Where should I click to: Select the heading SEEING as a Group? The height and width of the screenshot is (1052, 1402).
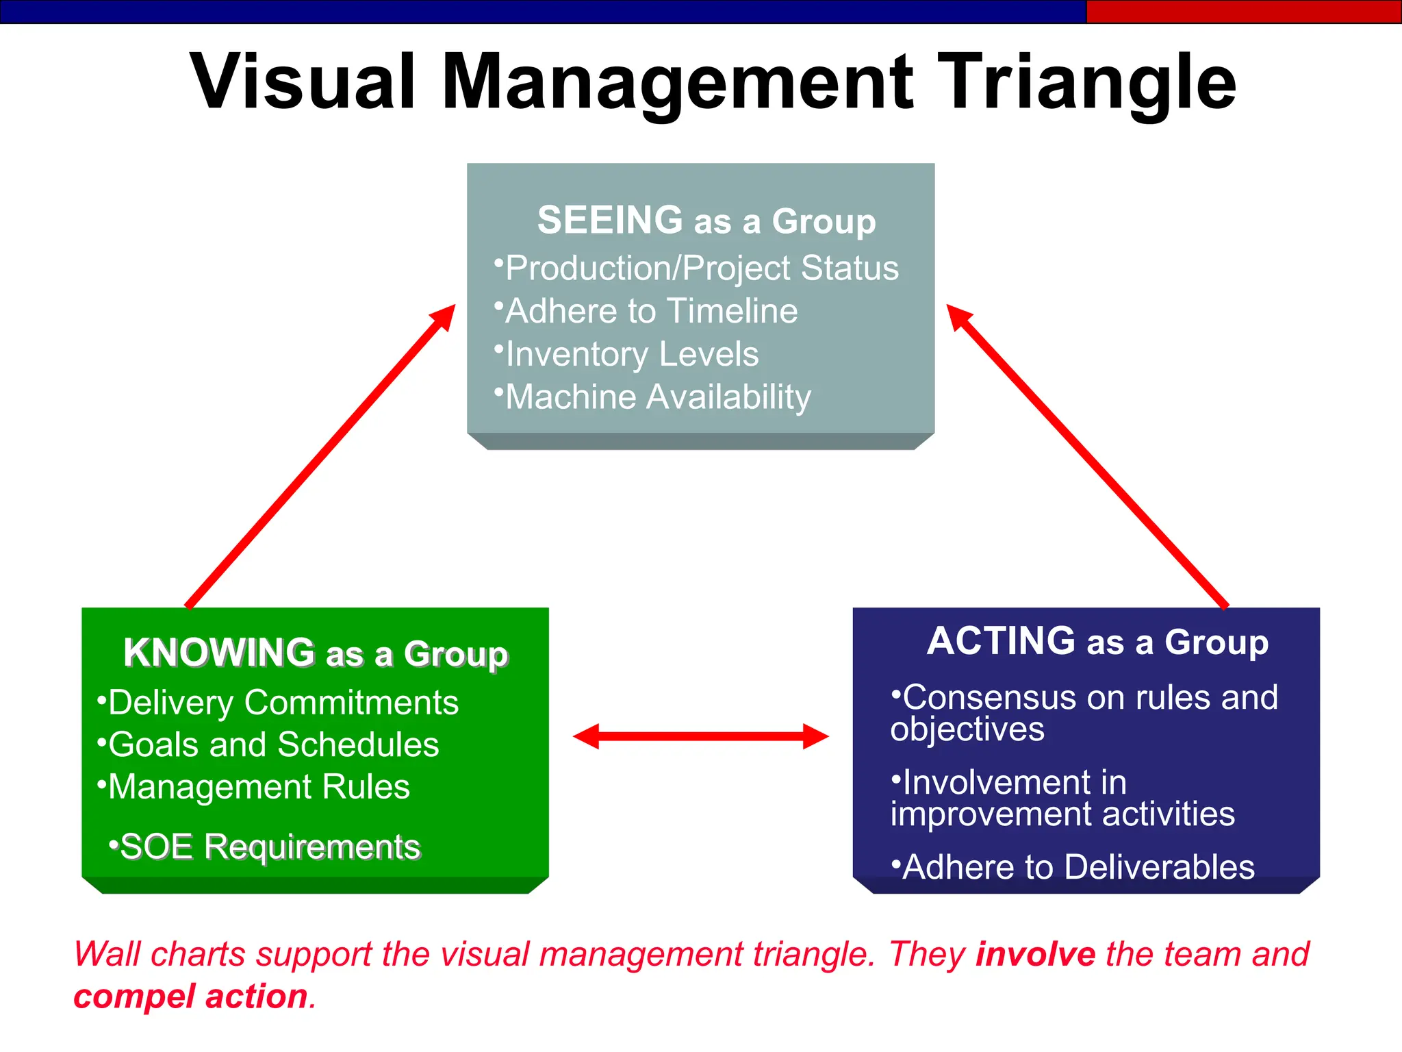pos(706,221)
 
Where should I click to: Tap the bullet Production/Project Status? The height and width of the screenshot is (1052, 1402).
pos(701,268)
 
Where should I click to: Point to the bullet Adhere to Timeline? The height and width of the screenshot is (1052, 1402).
pos(650,311)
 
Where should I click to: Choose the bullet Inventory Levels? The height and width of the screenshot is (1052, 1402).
pos(631,354)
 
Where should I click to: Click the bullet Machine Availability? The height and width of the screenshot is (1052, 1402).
pos(657,397)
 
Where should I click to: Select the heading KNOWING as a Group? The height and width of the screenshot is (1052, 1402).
pos(316,653)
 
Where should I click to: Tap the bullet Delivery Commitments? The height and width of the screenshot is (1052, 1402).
pos(283,703)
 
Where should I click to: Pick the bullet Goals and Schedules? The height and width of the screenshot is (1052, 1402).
pos(273,744)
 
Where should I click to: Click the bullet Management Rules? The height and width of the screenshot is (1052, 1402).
pos(259,787)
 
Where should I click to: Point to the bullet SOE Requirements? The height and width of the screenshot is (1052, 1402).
pos(270,847)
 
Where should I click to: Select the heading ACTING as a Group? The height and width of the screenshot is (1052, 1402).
pos(1097,642)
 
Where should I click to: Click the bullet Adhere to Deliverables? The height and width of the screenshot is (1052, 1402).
pos(1078,867)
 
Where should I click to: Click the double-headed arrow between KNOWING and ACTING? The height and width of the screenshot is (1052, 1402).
pos(700,736)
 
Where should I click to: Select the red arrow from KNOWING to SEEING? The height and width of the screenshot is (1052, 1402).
pos(320,455)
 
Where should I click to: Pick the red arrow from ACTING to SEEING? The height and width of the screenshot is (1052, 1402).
pos(1087,455)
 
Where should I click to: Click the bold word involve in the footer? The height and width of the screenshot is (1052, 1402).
pos(1035,954)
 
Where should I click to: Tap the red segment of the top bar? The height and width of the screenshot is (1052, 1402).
pos(1243,12)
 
